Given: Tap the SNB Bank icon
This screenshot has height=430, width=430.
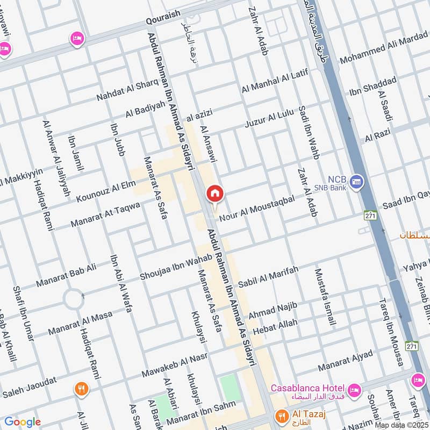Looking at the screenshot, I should point(356,182).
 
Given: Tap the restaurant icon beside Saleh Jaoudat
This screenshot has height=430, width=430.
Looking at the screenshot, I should point(81,389).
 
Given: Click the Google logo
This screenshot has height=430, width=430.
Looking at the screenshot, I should point(22,422).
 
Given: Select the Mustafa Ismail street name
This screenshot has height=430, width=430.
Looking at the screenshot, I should point(325,297).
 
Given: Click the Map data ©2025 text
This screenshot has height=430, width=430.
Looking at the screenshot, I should point(402,425).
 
